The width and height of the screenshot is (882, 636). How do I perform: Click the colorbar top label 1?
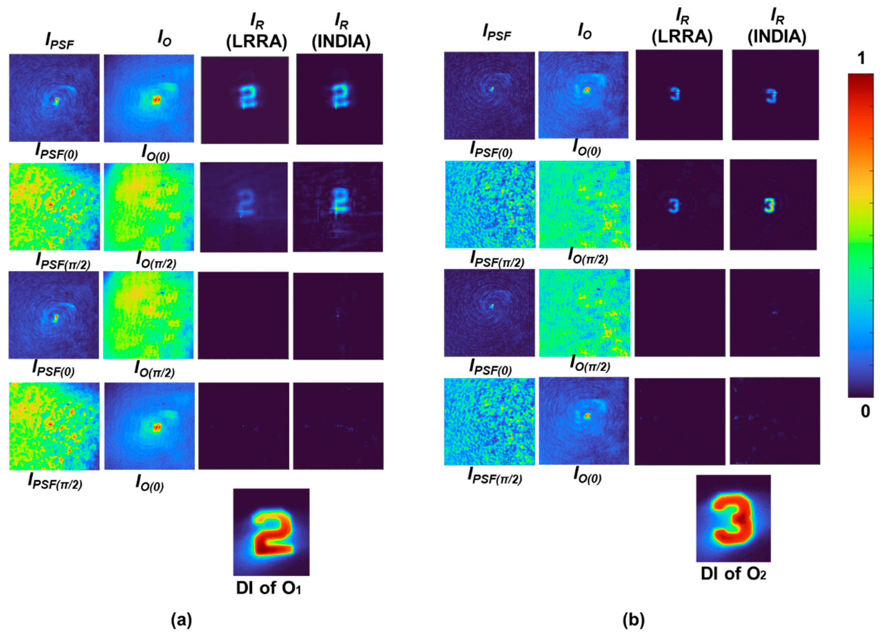pos(861,58)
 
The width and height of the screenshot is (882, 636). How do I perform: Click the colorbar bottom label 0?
pos(865,411)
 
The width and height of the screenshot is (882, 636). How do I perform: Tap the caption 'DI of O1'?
pos(269,588)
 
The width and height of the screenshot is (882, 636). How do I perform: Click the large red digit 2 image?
pos(271,532)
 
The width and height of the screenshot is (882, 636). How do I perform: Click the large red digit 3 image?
pos(733,518)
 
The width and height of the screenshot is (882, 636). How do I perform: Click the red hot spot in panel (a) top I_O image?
pos(156,100)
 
